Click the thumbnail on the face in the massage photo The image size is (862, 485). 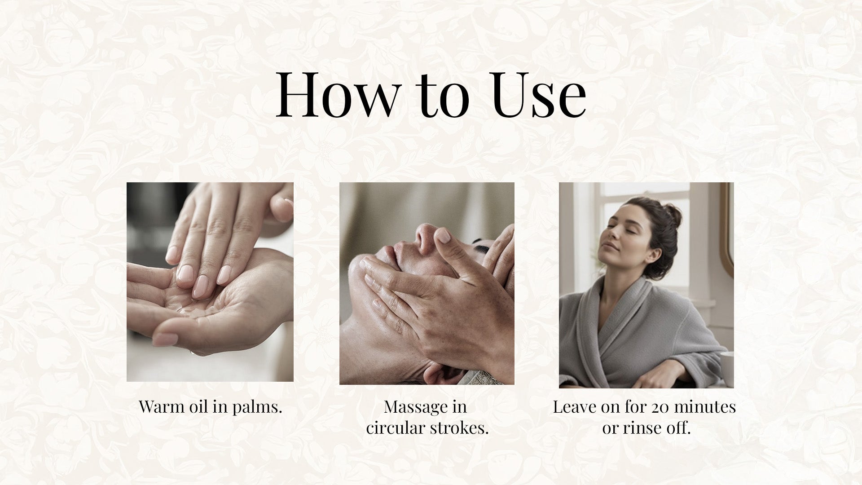point(443,236)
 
